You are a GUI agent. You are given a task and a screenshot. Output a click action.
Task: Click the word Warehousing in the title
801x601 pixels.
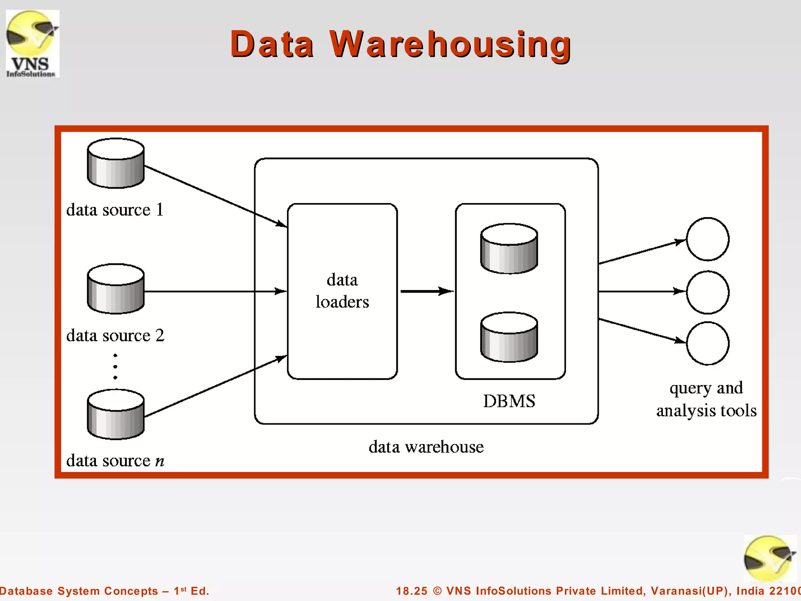click(450, 44)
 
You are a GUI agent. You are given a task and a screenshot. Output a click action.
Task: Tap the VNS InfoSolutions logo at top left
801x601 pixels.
click(32, 43)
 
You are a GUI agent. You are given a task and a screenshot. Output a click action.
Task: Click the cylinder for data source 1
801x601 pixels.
click(116, 164)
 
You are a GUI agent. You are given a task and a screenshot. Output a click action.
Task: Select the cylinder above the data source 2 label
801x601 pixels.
click(116, 289)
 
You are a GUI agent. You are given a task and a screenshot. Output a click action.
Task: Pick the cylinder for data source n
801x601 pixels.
click(116, 414)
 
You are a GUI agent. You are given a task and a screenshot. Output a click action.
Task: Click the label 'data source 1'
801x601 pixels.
click(115, 210)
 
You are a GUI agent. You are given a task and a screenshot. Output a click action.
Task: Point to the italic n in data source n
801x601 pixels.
click(160, 461)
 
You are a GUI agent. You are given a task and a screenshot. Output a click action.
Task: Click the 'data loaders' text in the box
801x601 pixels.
click(342, 291)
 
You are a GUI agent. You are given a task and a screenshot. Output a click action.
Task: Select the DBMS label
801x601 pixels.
click(509, 401)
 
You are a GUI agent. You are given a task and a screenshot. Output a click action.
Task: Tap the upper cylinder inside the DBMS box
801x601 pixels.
click(509, 249)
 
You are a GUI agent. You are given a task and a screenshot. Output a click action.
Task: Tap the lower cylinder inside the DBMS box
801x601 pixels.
click(509, 337)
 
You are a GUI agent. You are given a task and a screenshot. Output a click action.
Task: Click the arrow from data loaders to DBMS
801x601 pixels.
click(426, 291)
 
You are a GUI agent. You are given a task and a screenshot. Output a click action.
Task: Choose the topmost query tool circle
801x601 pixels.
click(708, 239)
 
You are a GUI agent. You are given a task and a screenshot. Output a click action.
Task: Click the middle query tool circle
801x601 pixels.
click(708, 292)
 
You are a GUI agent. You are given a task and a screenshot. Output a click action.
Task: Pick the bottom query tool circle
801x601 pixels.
click(708, 344)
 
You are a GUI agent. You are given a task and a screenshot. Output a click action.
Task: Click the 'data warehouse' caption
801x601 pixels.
click(426, 447)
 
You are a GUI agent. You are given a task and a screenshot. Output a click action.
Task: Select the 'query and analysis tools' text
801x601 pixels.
click(706, 399)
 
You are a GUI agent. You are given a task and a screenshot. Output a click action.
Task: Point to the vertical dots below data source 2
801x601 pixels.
click(115, 367)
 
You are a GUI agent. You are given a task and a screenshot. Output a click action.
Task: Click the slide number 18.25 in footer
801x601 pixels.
click(411, 591)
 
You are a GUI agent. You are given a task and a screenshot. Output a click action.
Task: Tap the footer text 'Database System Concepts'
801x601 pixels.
click(78, 591)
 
